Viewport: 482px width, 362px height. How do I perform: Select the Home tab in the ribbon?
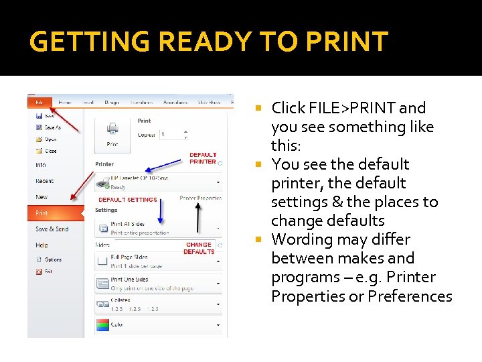(x=65, y=103)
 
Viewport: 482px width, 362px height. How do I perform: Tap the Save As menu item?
(x=52, y=127)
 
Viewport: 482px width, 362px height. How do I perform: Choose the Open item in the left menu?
(x=50, y=139)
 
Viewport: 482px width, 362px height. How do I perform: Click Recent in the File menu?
(x=45, y=181)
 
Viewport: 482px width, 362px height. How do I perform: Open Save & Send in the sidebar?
(x=52, y=229)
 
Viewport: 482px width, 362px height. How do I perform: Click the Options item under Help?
(x=53, y=259)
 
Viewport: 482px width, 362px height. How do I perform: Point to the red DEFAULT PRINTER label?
(x=203, y=158)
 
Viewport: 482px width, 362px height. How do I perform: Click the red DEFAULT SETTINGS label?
(x=128, y=200)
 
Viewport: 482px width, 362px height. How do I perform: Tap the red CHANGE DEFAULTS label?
(x=199, y=248)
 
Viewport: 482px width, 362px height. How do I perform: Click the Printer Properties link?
(x=201, y=198)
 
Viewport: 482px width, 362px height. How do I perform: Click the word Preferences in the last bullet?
(x=410, y=296)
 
